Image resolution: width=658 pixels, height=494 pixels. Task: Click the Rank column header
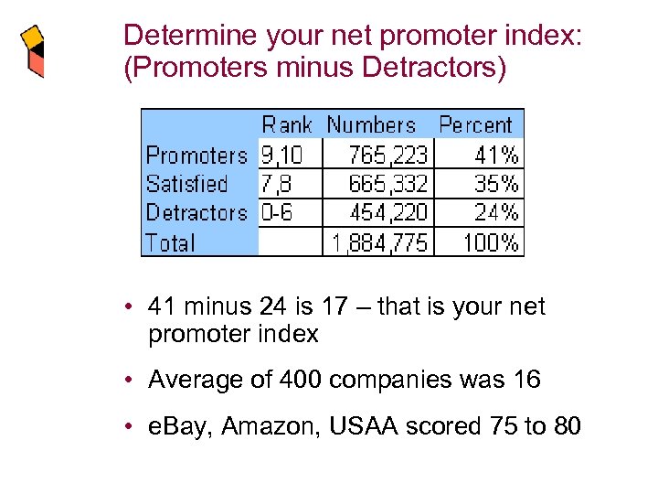[287, 125]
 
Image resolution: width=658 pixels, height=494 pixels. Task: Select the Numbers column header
[371, 125]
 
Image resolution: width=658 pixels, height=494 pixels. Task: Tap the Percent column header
[475, 125]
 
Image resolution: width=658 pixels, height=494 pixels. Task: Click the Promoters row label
[196, 155]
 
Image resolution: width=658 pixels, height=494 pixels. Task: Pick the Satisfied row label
[186, 184]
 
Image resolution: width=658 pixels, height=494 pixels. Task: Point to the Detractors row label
[196, 213]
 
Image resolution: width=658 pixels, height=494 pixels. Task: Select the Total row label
[171, 243]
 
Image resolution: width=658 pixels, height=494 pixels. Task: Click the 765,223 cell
[387, 155]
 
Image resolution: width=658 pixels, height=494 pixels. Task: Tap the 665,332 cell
[387, 184]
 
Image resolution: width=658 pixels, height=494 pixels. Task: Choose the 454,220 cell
[387, 213]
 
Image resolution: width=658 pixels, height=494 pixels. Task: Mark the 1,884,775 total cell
[378, 243]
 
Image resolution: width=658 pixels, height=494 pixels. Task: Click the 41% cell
[496, 155]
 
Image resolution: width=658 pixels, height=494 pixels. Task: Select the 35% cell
[496, 184]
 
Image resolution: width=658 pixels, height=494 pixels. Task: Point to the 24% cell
[496, 213]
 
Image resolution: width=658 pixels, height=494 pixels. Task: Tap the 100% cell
[491, 243]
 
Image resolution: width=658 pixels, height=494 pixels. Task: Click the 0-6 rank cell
[276, 213]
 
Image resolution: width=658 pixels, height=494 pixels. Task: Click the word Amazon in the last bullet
[262, 426]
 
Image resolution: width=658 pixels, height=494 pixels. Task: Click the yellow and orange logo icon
[32, 51]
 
